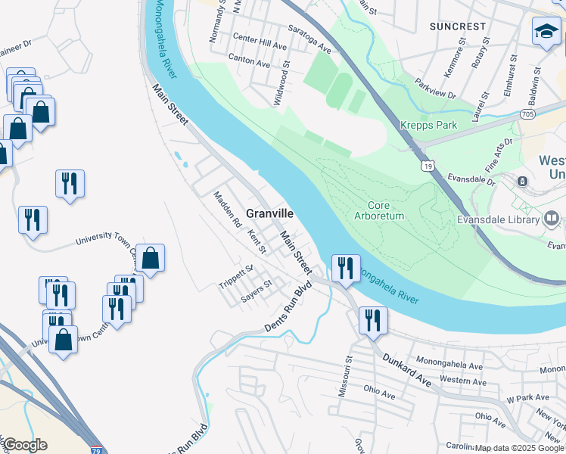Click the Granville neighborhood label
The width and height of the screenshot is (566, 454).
[x=269, y=214]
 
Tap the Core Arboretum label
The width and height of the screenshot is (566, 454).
[x=380, y=210]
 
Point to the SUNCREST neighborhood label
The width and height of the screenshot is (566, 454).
[x=457, y=26]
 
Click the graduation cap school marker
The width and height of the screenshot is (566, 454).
[x=546, y=31]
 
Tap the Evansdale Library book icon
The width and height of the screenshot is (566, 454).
[x=552, y=220]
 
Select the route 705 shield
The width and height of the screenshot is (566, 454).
[x=528, y=114]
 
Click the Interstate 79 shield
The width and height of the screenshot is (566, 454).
[x=95, y=449]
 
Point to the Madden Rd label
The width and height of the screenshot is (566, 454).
[x=226, y=210]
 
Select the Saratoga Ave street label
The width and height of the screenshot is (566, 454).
[x=309, y=39]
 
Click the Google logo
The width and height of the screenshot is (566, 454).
[x=25, y=445]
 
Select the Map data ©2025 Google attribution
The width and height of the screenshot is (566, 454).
[x=518, y=448]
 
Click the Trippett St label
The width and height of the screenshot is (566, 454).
[x=235, y=278]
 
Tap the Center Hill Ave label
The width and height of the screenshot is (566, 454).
[x=260, y=42]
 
